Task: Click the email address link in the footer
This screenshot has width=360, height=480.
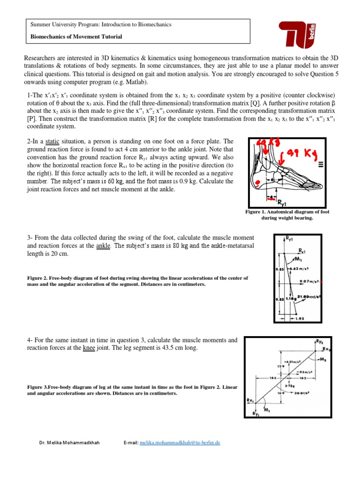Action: pyautogui.click(x=180, y=442)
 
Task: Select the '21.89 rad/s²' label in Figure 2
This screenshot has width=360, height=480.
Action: pyautogui.click(x=309, y=297)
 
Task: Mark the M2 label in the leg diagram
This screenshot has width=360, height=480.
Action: pyautogui.click(x=322, y=360)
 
